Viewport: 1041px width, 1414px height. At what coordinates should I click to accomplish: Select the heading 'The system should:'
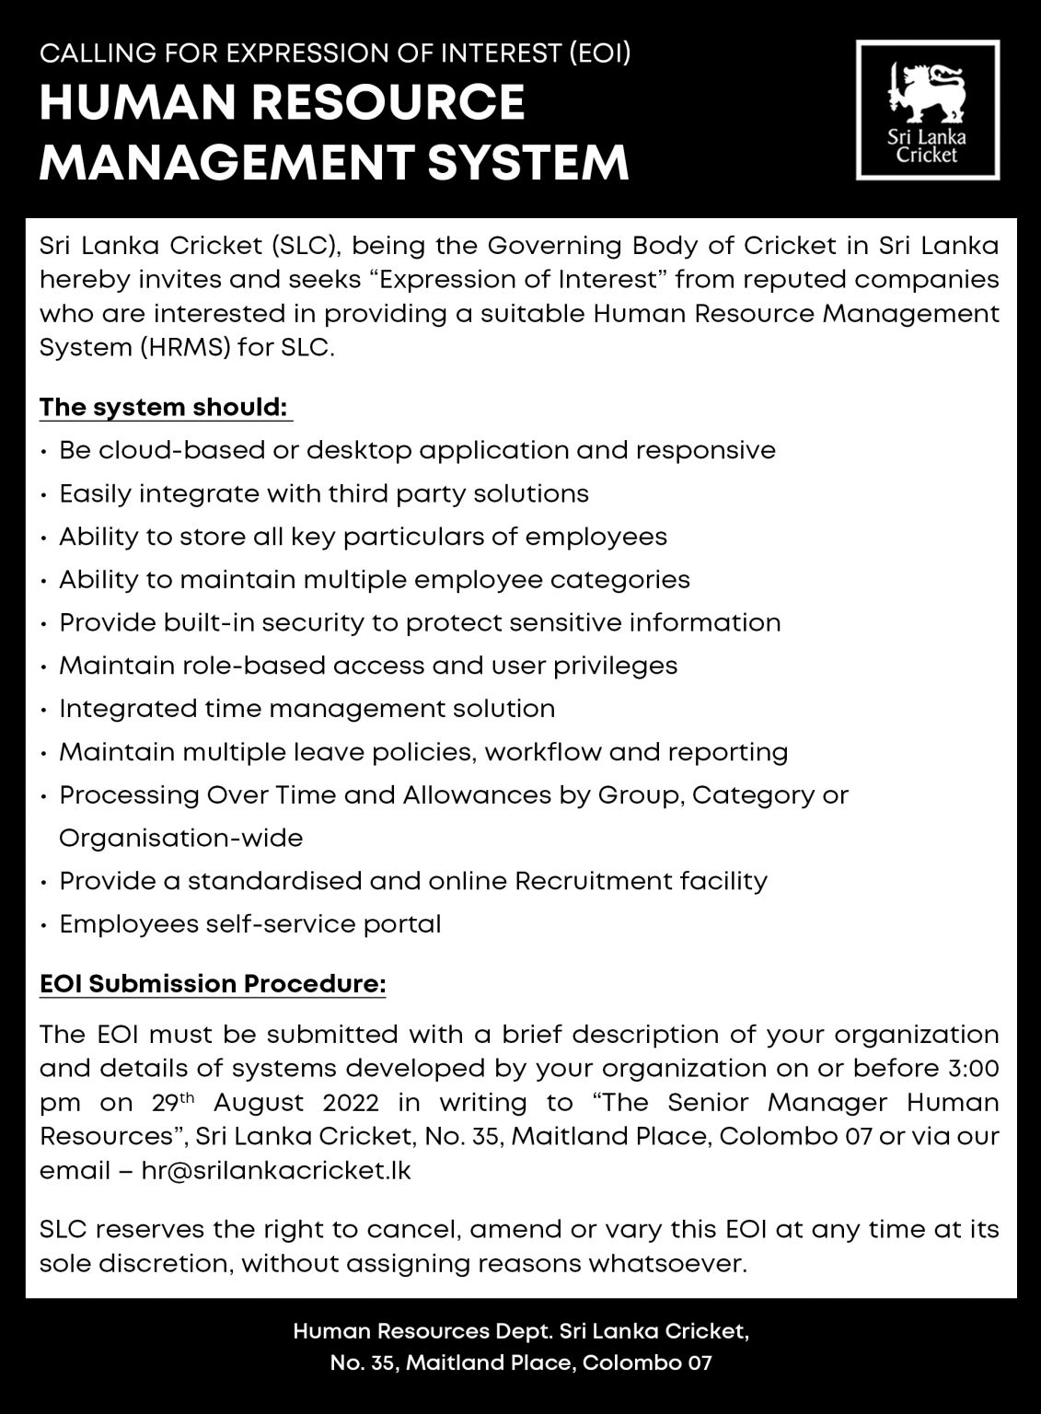click(165, 406)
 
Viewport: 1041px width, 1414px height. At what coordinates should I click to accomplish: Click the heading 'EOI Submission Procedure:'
click(213, 984)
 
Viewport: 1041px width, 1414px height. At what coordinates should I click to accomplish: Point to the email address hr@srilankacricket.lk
click(276, 1171)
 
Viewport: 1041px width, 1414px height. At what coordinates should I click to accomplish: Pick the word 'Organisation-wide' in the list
click(180, 838)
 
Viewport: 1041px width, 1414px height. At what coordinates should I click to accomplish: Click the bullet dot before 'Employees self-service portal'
click(45, 925)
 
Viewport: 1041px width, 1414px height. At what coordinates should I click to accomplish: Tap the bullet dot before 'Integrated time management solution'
click(45, 710)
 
